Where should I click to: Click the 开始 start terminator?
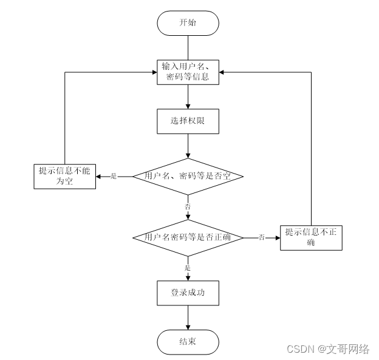click(188, 23)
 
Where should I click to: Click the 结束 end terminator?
click(188, 342)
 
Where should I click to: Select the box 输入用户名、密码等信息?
click(188, 72)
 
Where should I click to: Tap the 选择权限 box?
click(188, 121)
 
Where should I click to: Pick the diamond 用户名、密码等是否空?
click(188, 176)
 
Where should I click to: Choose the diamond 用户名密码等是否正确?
click(188, 237)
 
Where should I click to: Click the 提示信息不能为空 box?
click(64, 176)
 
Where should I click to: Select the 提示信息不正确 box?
click(311, 237)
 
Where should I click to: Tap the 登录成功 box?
click(188, 293)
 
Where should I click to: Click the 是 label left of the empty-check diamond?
click(114, 176)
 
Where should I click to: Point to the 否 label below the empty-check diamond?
click(188, 206)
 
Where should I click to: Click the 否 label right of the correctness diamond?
click(261, 237)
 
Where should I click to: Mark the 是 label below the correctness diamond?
click(188, 268)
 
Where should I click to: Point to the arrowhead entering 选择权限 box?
click(188, 106)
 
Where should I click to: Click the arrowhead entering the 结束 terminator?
click(188, 327)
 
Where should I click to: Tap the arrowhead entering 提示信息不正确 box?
click(277, 237)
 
